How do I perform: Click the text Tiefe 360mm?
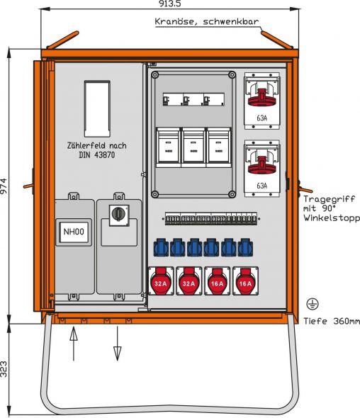tap(329, 321)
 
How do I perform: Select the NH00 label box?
tap(73, 231)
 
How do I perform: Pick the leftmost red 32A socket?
tap(161, 283)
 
